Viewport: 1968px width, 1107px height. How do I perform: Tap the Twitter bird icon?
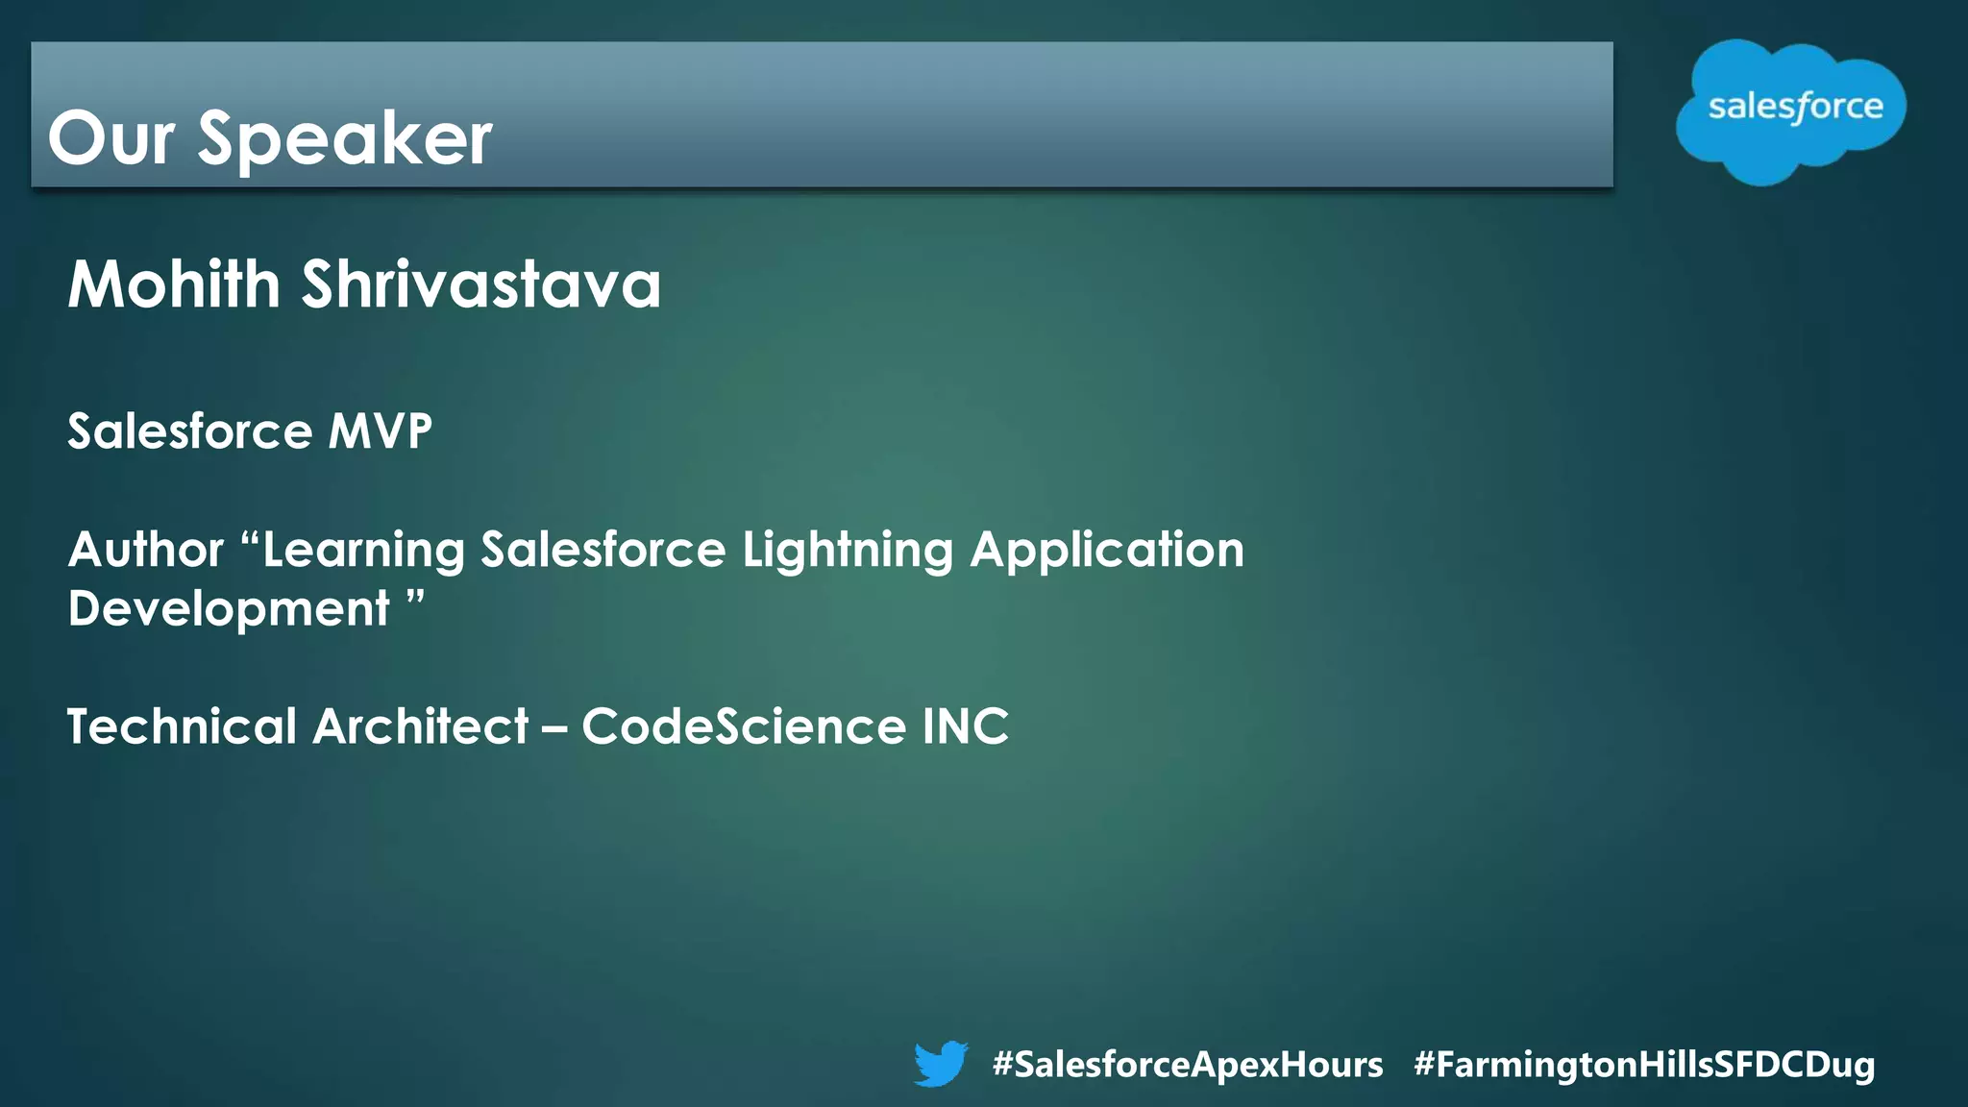pyautogui.click(x=941, y=1063)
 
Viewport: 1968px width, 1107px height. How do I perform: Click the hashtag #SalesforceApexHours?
pyautogui.click(x=1188, y=1064)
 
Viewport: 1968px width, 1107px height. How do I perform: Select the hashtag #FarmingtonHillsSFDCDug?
pyautogui.click(x=1644, y=1064)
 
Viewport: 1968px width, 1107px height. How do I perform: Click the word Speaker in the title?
pyautogui.click(x=345, y=139)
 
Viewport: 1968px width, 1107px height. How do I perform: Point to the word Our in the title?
pyautogui.click(x=111, y=139)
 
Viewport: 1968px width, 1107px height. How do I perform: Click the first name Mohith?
pyautogui.click(x=174, y=284)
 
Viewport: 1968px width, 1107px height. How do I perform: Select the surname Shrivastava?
pyautogui.click(x=481, y=284)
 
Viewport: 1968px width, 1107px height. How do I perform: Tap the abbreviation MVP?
pyautogui.click(x=381, y=430)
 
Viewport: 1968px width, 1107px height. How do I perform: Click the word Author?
pyautogui.click(x=146, y=550)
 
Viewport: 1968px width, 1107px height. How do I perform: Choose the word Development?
pyautogui.click(x=229, y=609)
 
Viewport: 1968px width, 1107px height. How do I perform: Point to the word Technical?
pyautogui.click(x=182, y=726)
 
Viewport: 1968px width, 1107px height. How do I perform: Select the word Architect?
pyautogui.click(x=421, y=726)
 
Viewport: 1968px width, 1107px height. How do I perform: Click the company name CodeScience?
pyautogui.click(x=744, y=726)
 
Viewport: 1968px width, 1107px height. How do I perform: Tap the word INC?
pyautogui.click(x=966, y=726)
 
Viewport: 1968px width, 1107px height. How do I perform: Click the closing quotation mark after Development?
pyautogui.click(x=415, y=599)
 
